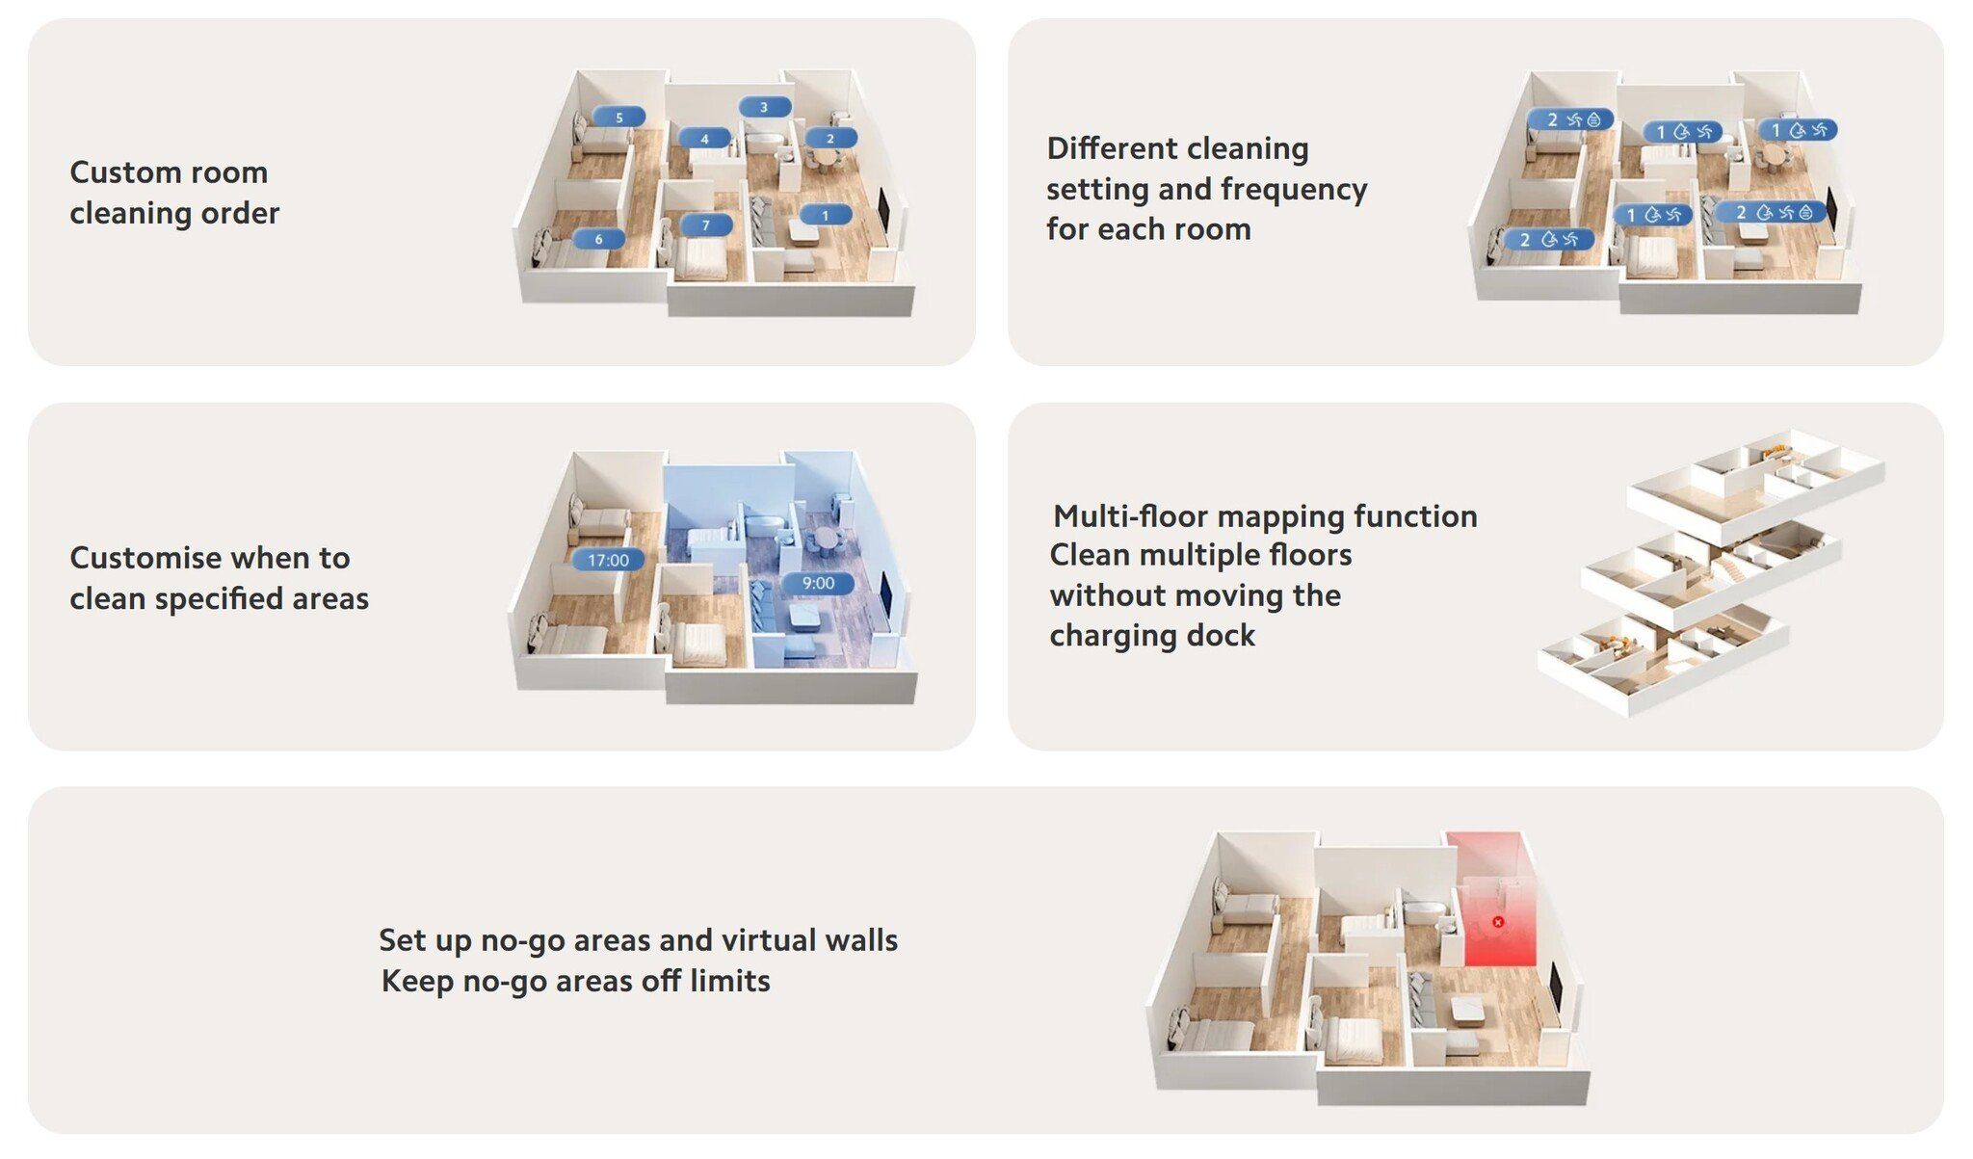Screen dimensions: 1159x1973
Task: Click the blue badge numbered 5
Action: (618, 118)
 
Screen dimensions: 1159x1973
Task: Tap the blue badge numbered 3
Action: (764, 107)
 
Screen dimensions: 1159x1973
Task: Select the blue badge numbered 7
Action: (705, 225)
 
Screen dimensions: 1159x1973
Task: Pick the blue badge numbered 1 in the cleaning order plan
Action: (825, 215)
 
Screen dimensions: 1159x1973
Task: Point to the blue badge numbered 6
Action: (598, 239)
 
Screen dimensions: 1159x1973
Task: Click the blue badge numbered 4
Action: (704, 139)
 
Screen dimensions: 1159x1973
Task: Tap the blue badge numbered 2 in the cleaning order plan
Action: (830, 138)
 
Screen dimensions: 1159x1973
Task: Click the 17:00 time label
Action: (608, 560)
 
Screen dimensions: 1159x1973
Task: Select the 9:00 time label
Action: (818, 583)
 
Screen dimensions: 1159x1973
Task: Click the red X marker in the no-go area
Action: (1498, 922)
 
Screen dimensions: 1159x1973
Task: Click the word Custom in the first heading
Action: (118, 172)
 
